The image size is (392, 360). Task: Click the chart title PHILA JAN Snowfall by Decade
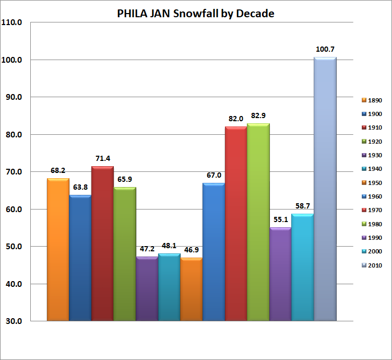196,14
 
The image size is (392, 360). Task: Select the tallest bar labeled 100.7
325,188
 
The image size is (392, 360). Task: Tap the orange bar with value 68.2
58,249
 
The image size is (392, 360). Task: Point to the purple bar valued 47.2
147,288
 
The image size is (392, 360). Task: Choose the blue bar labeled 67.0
214,252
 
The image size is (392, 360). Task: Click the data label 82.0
236,119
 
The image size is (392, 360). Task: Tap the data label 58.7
303,206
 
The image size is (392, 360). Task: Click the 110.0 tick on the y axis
13,22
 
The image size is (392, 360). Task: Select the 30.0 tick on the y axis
13,321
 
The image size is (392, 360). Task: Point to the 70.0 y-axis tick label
13,172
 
